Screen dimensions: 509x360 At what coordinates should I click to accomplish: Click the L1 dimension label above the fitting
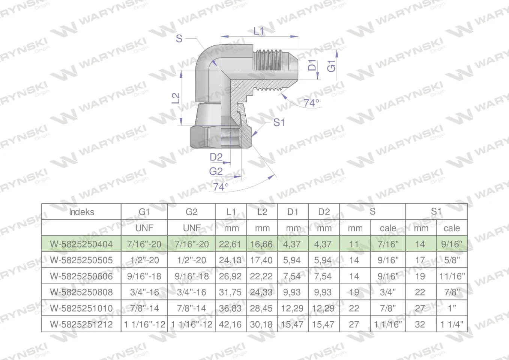pyautogui.click(x=258, y=31)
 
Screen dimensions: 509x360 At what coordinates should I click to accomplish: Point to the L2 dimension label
pyautogui.click(x=176, y=98)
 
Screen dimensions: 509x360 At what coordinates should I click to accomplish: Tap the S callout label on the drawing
pyautogui.click(x=179, y=38)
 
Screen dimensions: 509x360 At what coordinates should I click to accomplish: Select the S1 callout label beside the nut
pyautogui.click(x=279, y=123)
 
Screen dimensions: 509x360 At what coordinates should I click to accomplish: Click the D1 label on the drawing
pyautogui.click(x=312, y=65)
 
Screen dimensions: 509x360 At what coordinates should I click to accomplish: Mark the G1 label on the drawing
pyautogui.click(x=331, y=66)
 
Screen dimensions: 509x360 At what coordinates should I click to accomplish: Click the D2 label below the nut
pyautogui.click(x=216, y=157)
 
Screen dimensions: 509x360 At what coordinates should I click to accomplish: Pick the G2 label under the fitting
pyautogui.click(x=216, y=171)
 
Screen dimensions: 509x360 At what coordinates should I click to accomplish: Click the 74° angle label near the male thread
pyautogui.click(x=312, y=103)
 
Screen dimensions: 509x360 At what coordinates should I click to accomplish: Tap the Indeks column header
pyautogui.click(x=81, y=212)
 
